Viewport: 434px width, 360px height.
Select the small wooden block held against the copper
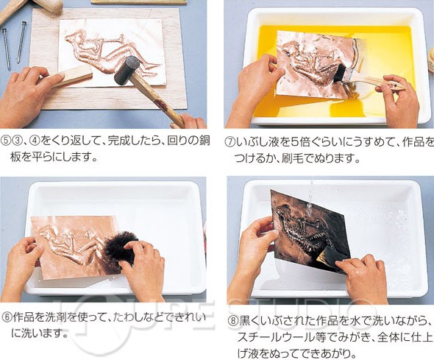71,76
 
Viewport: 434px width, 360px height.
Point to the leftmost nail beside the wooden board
6,49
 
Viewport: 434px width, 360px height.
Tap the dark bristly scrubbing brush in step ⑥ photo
121,250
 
